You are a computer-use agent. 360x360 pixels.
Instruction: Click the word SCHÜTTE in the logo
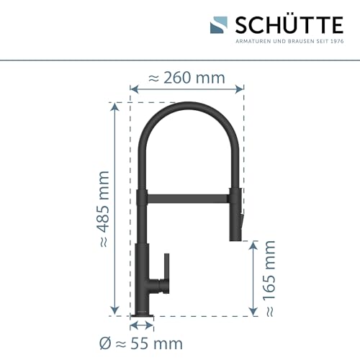[287, 25]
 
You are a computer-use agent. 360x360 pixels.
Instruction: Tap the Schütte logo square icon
[219, 25]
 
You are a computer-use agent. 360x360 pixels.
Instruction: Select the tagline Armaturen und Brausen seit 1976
[287, 41]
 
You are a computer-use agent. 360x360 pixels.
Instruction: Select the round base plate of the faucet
[141, 315]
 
